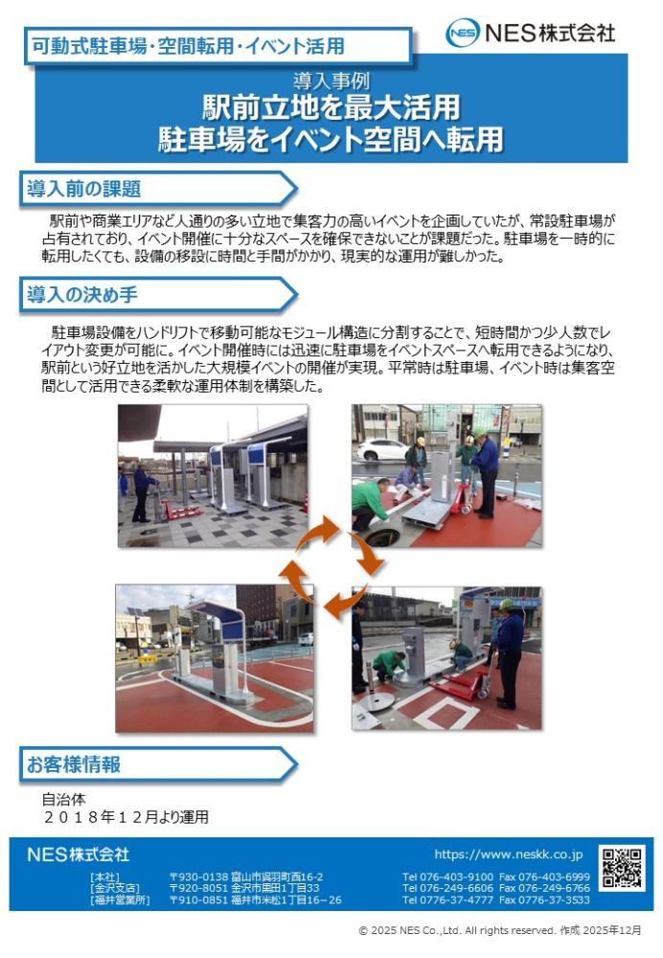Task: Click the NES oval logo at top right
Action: [x=463, y=33]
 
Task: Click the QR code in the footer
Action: [x=622, y=868]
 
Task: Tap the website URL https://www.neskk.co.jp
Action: [x=509, y=854]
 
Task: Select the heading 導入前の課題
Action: [x=83, y=189]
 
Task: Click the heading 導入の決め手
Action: [x=81, y=294]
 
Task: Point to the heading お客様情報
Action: [x=74, y=764]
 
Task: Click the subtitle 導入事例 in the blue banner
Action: [x=331, y=80]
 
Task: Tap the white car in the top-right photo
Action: [x=382, y=449]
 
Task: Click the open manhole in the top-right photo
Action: [x=383, y=537]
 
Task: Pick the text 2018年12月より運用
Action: [x=126, y=817]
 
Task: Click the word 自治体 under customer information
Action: [x=63, y=799]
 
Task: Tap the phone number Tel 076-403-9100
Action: [x=447, y=877]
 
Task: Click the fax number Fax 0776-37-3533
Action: [x=544, y=900]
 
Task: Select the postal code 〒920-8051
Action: [x=198, y=888]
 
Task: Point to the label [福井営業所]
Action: [x=120, y=900]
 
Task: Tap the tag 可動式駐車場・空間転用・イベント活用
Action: [x=188, y=46]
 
